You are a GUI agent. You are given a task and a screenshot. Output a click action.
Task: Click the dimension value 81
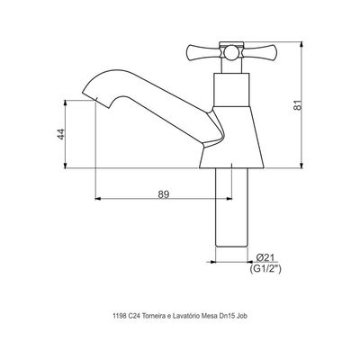tap(297, 105)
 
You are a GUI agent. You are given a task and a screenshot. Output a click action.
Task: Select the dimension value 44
tap(61, 134)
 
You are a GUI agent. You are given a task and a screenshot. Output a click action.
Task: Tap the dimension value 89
tap(164, 194)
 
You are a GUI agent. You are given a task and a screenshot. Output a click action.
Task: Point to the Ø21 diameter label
tap(265, 257)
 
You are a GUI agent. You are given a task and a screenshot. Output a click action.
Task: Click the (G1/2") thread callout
tap(265, 269)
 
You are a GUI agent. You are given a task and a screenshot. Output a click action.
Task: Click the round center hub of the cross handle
tap(230, 53)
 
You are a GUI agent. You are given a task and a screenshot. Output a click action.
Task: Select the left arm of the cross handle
tap(204, 53)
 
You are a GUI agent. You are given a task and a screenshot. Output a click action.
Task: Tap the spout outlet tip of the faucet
tap(90, 95)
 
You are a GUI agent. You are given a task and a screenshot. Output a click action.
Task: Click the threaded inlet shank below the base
tap(232, 208)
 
